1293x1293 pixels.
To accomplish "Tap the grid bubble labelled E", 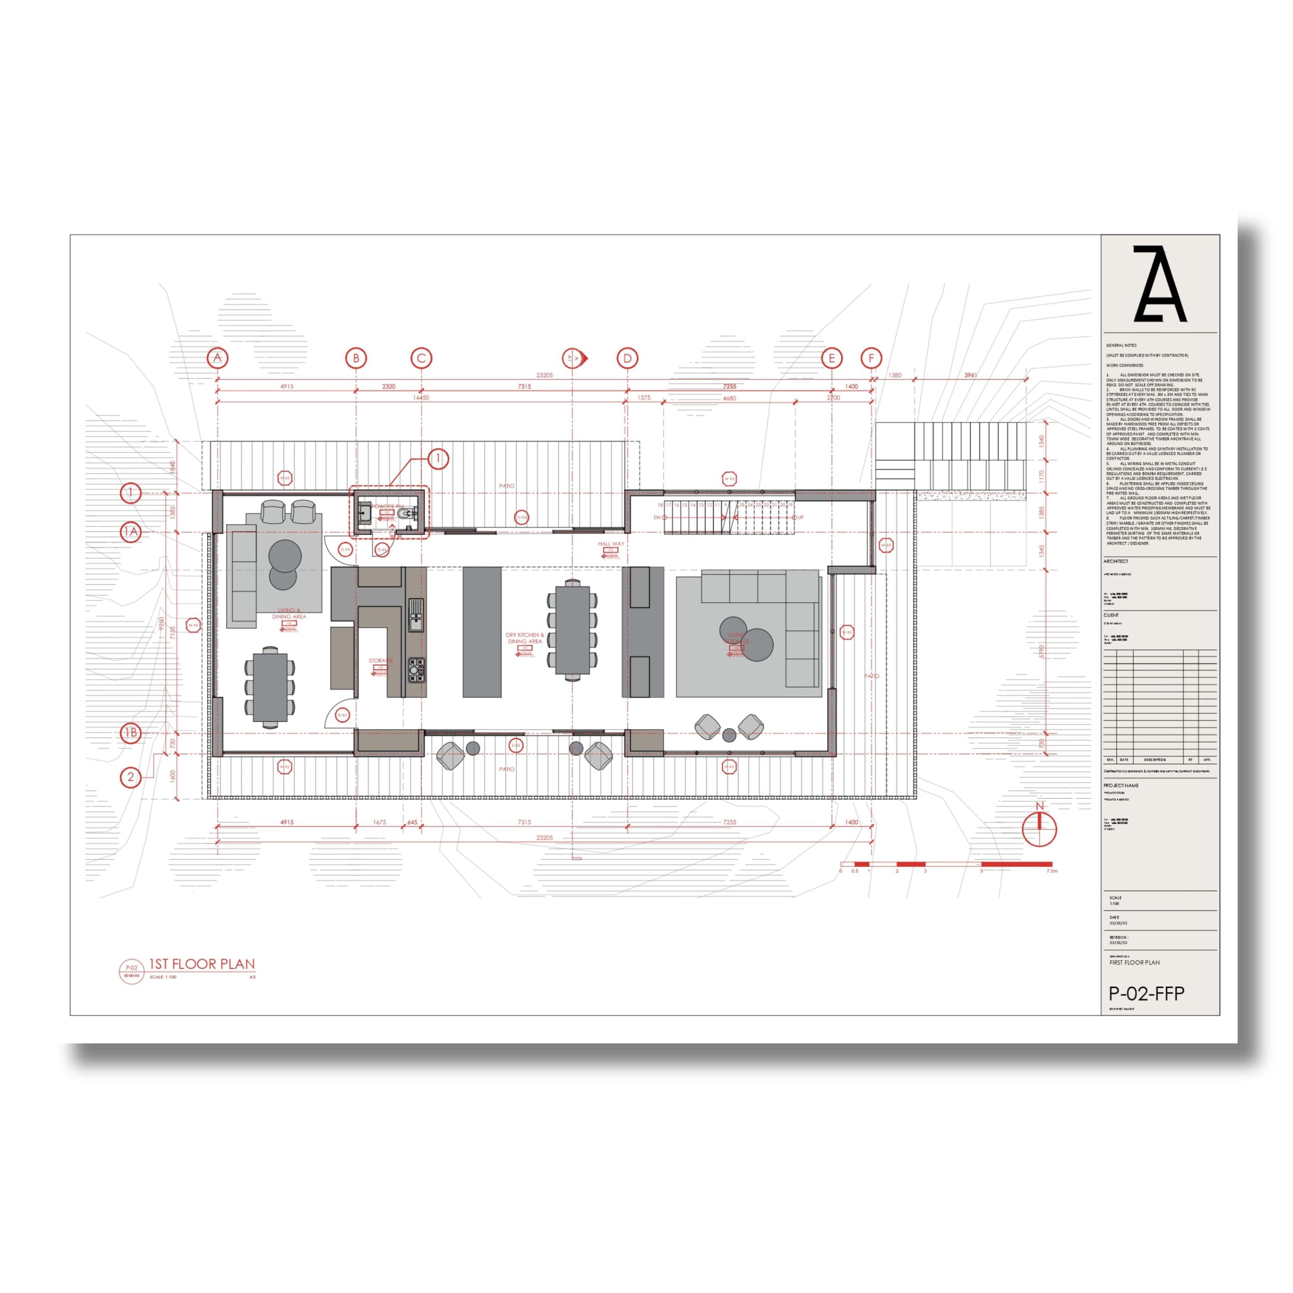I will tap(831, 358).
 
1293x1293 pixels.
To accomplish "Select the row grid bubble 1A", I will tap(131, 532).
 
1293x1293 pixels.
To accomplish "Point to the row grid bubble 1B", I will tap(131, 733).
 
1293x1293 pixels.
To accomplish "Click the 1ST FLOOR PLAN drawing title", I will tap(201, 965).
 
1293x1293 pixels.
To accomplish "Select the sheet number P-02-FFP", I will tap(1146, 994).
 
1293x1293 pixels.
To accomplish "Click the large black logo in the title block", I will tap(1159, 284).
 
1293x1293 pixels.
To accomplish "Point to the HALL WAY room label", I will tap(610, 544).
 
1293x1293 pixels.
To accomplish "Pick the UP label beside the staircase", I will tap(800, 517).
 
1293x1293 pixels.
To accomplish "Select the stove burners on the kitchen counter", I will tap(415, 668).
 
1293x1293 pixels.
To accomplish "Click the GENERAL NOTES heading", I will tap(1121, 345).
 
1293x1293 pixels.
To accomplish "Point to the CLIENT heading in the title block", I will tap(1111, 615).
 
